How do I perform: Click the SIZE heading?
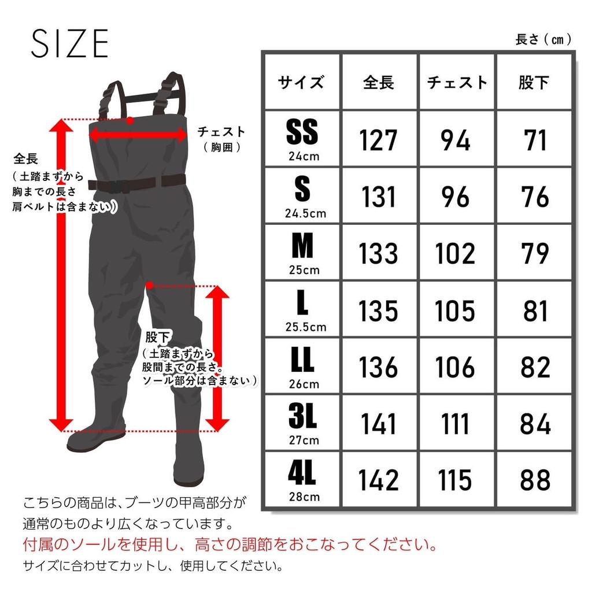tap(69, 43)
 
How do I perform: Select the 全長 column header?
tap(379, 83)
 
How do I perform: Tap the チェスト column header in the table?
tap(457, 83)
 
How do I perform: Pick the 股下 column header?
tap(534, 83)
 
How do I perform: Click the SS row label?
tap(302, 134)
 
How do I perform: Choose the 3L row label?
tap(302, 417)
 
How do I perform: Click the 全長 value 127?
tap(379, 140)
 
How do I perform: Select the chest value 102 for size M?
tap(457, 254)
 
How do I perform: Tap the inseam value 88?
tap(534, 480)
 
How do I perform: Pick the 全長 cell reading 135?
tap(379, 311)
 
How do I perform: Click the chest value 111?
tap(457, 424)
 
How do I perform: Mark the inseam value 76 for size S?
tap(534, 197)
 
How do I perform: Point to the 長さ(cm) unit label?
tap(543, 40)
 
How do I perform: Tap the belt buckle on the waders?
tap(122, 185)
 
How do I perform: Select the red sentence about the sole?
tap(230, 545)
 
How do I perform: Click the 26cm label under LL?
tap(302, 384)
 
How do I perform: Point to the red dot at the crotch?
tap(150, 285)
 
